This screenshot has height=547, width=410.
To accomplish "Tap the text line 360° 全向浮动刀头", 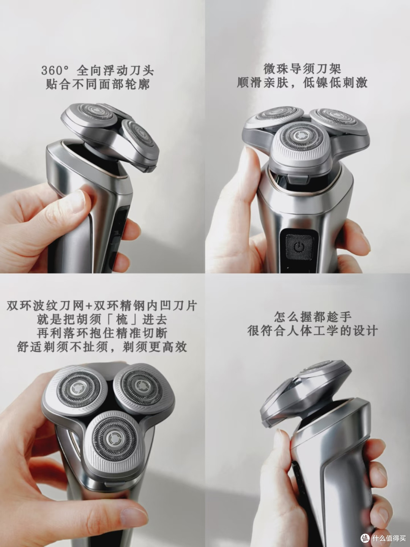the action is point(98,71).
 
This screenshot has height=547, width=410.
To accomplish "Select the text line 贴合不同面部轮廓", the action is point(98,84).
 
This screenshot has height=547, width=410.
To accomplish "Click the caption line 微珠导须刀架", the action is point(302,69).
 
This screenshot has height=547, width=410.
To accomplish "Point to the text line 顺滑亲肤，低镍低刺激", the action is point(302,83).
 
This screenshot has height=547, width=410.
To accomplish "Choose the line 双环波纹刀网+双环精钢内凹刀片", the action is point(102,306).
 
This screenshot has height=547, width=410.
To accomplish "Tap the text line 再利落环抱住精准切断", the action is point(102,333).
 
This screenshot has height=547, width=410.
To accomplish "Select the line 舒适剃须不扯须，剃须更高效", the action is point(102,347).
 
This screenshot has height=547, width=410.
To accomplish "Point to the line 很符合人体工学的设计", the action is point(313,331).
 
